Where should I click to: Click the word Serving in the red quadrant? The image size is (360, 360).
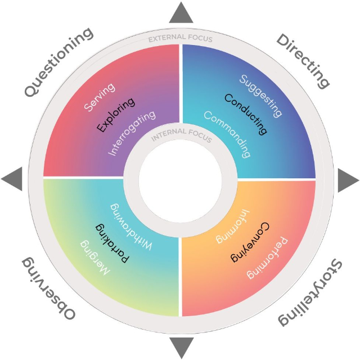[x=100, y=97]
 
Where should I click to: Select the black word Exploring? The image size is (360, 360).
[x=116, y=115]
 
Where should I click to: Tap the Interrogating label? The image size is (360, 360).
[x=132, y=133]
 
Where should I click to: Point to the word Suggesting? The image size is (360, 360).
[x=260, y=96]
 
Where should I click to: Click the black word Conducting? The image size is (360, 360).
[x=246, y=114]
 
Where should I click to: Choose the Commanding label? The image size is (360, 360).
[x=227, y=134]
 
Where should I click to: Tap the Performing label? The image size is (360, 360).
[x=267, y=258]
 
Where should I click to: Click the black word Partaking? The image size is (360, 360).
[x=112, y=243]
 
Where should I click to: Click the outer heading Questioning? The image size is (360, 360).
[x=58, y=62]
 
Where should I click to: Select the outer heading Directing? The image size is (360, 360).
[x=303, y=61]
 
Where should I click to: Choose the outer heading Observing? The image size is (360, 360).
[x=48, y=289]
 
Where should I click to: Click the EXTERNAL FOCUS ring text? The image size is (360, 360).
[x=180, y=38]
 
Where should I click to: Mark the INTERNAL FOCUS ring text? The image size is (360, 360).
[x=181, y=135]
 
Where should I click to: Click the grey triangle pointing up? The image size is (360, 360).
[x=181, y=12]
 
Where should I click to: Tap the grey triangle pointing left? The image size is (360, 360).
[x=12, y=179]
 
